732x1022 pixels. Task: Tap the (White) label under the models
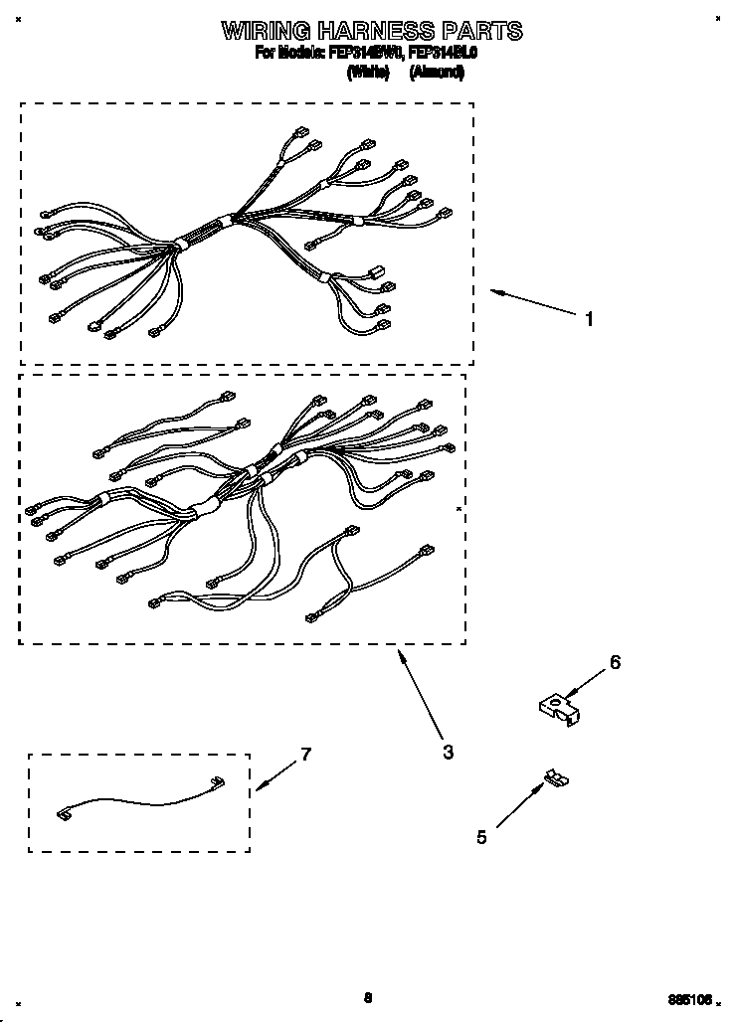point(367,73)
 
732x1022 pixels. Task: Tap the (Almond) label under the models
point(437,73)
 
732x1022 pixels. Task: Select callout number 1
point(589,319)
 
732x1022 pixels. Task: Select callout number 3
point(448,753)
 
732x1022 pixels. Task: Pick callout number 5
point(481,837)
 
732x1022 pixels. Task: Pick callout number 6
point(615,662)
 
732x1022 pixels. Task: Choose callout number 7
point(305,755)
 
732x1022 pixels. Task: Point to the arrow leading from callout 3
point(419,695)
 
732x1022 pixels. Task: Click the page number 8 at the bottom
point(367,997)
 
